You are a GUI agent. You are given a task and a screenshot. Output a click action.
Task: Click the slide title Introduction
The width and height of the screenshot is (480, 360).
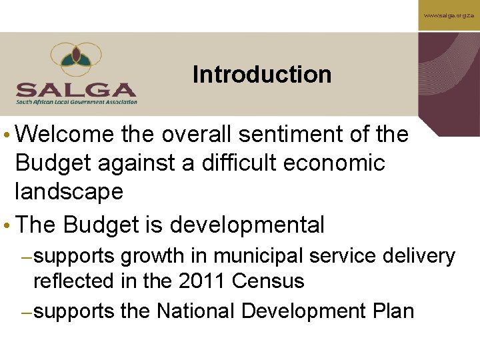click(x=261, y=74)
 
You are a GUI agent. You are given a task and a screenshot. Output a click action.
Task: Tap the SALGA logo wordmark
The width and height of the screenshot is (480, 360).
click(x=76, y=89)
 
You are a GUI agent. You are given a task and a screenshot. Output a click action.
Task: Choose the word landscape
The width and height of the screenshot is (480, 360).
click(x=69, y=192)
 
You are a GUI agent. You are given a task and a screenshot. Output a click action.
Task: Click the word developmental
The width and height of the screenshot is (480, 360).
click(x=247, y=225)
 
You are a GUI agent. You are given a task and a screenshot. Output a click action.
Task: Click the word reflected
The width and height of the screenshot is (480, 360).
click(x=74, y=281)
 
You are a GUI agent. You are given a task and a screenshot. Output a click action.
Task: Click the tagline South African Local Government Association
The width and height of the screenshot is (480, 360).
click(x=77, y=102)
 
